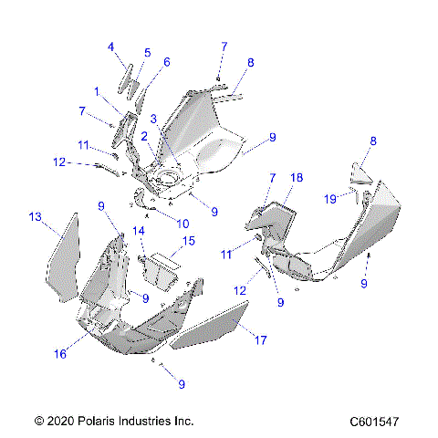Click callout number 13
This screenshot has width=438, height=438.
click(x=36, y=216)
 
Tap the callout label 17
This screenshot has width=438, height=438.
click(x=260, y=340)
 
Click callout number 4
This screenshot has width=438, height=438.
click(x=110, y=46)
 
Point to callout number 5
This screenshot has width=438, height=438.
click(x=147, y=53)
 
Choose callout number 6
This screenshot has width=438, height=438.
click(x=166, y=62)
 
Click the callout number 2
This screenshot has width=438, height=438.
click(x=144, y=136)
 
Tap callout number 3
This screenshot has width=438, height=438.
click(x=155, y=118)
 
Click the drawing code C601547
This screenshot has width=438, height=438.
click(x=377, y=422)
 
